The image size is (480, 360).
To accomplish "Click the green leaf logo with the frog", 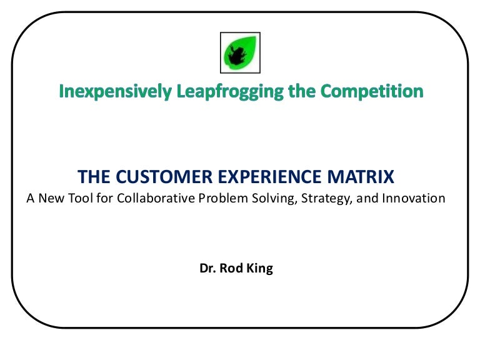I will pos(241,53).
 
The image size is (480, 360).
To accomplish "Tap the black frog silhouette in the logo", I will pos(237,56).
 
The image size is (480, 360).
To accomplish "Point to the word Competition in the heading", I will pos(372,92).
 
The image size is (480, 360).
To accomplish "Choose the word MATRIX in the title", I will pos(366,177).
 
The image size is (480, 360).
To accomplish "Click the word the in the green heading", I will pos(303,92).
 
